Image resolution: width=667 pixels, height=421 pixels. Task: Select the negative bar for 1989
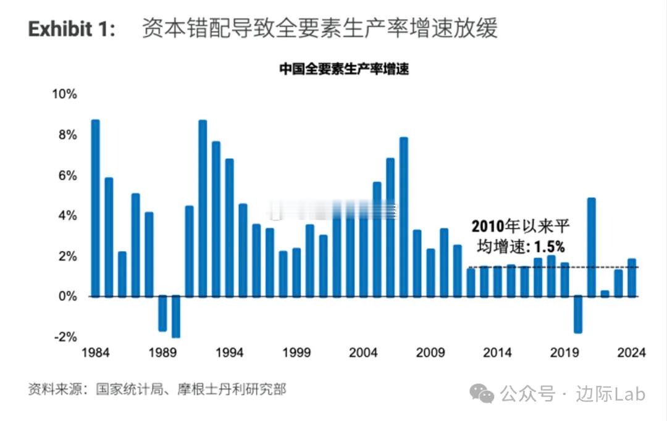(x=162, y=314)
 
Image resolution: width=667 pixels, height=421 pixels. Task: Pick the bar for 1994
(x=230, y=228)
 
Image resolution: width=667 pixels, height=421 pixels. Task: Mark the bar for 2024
(x=632, y=278)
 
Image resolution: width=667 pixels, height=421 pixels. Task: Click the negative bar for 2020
(x=578, y=315)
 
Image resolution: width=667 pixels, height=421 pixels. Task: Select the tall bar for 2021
(x=591, y=247)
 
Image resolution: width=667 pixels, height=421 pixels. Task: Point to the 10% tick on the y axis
(x=64, y=94)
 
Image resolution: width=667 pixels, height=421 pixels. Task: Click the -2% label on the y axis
(x=65, y=337)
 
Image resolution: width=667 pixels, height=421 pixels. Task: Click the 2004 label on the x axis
(x=363, y=353)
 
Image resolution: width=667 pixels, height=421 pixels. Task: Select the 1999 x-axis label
(x=296, y=353)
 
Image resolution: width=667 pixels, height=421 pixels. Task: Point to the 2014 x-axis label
(x=497, y=353)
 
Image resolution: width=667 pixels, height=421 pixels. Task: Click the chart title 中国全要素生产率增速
(x=343, y=69)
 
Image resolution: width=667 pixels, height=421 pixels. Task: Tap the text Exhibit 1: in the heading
(x=72, y=29)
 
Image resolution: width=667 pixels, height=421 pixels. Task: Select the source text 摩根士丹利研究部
(x=232, y=390)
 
